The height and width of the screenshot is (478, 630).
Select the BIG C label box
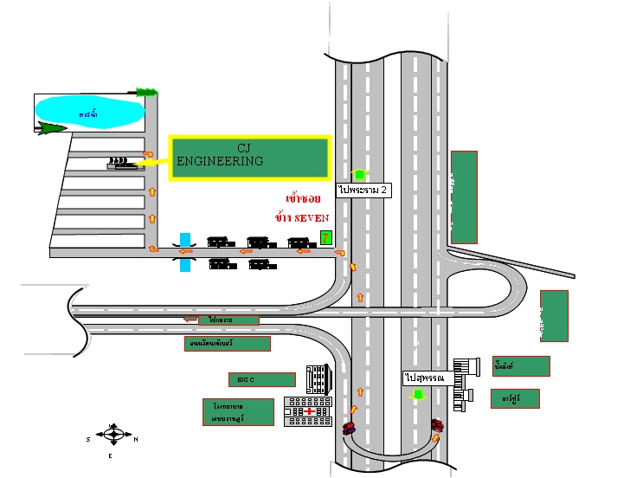coord(261,379)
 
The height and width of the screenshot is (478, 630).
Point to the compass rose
coord(112,436)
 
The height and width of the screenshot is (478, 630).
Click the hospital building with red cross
coord(308,411)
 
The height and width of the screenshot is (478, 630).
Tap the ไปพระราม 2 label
coord(363,190)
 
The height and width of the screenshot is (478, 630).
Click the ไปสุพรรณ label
coord(424,378)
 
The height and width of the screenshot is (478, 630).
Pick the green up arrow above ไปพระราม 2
coord(360,174)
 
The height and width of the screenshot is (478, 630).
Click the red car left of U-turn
coord(349,428)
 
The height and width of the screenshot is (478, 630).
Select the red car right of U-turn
coord(437,425)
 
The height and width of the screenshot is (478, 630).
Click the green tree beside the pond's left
coord(52,128)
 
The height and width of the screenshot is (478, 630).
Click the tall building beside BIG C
coord(318,379)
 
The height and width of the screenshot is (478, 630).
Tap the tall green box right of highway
coord(464,197)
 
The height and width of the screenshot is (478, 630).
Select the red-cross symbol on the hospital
coord(308,412)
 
